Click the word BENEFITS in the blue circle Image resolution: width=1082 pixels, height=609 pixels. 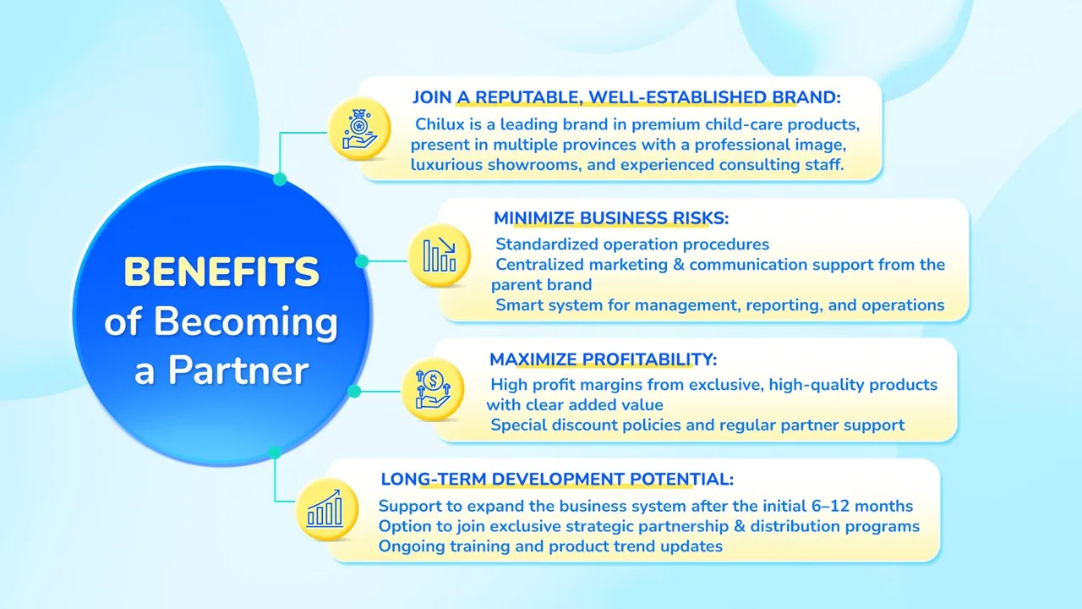(x=221, y=272)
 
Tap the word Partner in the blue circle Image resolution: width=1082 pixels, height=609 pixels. (x=238, y=370)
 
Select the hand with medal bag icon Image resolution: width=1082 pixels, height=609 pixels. (x=359, y=129)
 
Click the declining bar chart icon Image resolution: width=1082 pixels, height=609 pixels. (x=439, y=255)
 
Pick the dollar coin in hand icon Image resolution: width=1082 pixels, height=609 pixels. (x=432, y=389)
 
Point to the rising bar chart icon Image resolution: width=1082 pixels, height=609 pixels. (x=326, y=509)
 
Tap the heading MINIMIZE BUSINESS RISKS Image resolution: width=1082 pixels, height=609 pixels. (x=611, y=218)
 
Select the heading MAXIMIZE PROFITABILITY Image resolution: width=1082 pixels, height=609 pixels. (x=604, y=359)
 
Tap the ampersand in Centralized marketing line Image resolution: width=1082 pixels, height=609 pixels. (x=679, y=265)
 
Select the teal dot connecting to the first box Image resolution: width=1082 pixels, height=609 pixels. (x=280, y=178)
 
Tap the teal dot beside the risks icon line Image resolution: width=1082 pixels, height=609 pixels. (x=362, y=261)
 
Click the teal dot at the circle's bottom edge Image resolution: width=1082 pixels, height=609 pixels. (x=275, y=453)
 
